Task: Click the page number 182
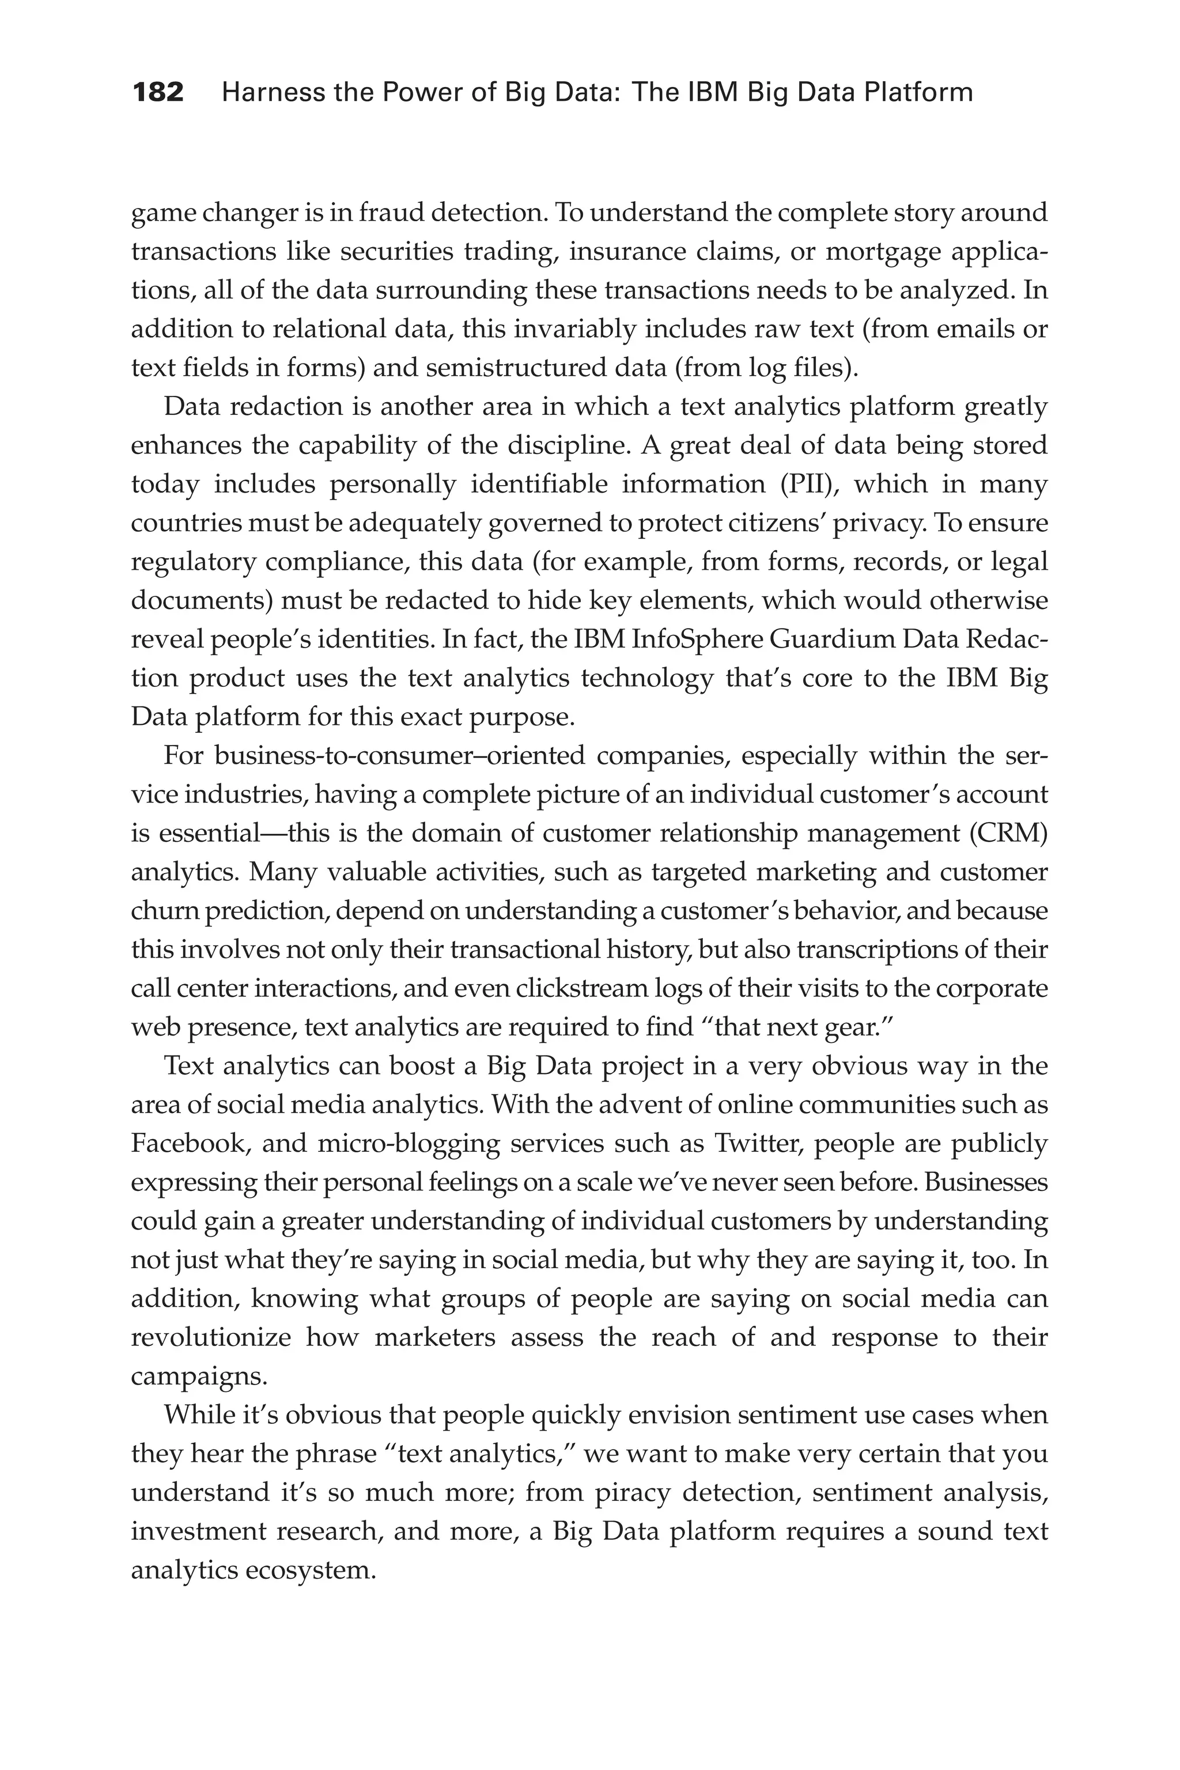coord(158,93)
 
